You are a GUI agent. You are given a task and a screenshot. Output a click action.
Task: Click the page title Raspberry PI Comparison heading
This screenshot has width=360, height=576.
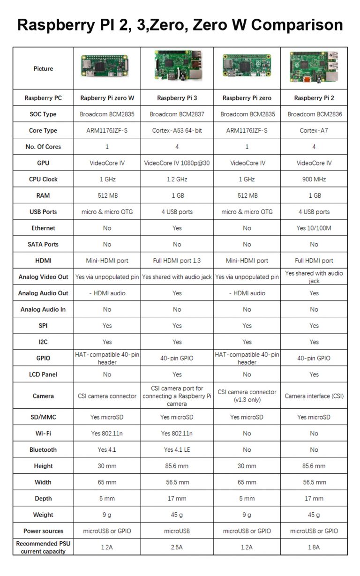(180, 24)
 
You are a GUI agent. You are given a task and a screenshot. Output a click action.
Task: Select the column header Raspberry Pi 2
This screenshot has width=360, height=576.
(314, 98)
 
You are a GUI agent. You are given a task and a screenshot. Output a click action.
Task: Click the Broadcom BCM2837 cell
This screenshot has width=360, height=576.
(177, 114)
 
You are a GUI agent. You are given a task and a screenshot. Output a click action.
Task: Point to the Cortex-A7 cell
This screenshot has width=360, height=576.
(314, 130)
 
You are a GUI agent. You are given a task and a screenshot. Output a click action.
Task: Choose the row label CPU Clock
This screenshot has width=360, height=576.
(43, 179)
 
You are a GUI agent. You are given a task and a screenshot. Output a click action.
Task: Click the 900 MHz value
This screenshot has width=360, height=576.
(314, 179)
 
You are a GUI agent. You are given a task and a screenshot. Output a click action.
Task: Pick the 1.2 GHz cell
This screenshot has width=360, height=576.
(177, 179)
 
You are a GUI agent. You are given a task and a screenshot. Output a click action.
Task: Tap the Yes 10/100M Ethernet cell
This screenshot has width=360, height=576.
(314, 228)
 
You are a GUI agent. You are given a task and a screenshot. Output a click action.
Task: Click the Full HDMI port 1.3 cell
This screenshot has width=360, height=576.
(177, 261)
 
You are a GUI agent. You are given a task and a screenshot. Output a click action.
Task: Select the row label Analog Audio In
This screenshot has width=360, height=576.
(43, 309)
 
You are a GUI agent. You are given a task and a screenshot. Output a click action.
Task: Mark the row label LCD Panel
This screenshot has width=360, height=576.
(43, 374)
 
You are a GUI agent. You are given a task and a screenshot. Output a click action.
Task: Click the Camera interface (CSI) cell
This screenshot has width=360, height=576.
(314, 396)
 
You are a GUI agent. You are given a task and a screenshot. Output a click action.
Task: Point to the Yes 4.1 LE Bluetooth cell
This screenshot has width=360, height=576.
(177, 449)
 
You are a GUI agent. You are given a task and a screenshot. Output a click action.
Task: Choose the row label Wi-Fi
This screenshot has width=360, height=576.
(43, 434)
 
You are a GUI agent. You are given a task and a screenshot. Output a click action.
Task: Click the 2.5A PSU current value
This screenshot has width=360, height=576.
(177, 547)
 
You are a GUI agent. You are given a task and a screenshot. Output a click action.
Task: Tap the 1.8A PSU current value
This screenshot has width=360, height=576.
(314, 547)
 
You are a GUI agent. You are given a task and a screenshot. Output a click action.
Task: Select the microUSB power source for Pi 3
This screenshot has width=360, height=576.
(177, 531)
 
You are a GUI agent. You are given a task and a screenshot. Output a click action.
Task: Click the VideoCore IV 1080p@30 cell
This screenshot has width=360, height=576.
(177, 163)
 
